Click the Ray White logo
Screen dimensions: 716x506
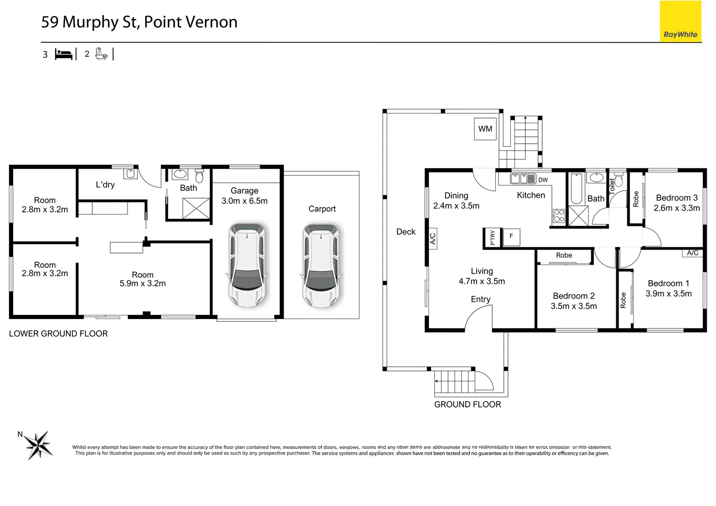680,22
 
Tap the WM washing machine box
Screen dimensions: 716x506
485,129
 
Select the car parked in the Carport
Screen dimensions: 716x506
321,265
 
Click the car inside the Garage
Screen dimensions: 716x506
247,265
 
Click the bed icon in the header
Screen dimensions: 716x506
64,54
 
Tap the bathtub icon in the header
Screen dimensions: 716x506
101,54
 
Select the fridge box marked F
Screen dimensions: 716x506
511,237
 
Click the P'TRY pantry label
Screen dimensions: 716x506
492,238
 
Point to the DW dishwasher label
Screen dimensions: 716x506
543,180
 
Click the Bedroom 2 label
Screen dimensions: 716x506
574,296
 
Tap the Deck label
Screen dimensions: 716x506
406,232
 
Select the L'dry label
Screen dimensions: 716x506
105,185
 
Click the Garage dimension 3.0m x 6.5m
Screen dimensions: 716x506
245,201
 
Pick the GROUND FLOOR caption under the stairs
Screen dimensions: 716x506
468,404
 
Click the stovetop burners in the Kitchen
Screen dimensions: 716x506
559,216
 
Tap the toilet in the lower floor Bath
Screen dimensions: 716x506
199,176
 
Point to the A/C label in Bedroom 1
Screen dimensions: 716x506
693,253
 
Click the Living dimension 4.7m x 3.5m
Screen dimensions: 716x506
482,281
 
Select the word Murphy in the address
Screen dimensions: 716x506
90,23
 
